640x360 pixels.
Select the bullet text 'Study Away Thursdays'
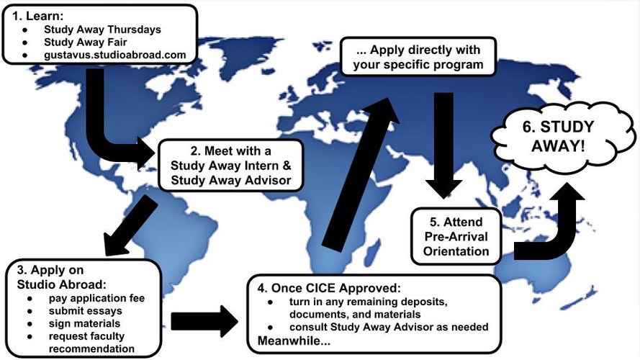pos(102,30)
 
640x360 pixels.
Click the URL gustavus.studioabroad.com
pos(114,54)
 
